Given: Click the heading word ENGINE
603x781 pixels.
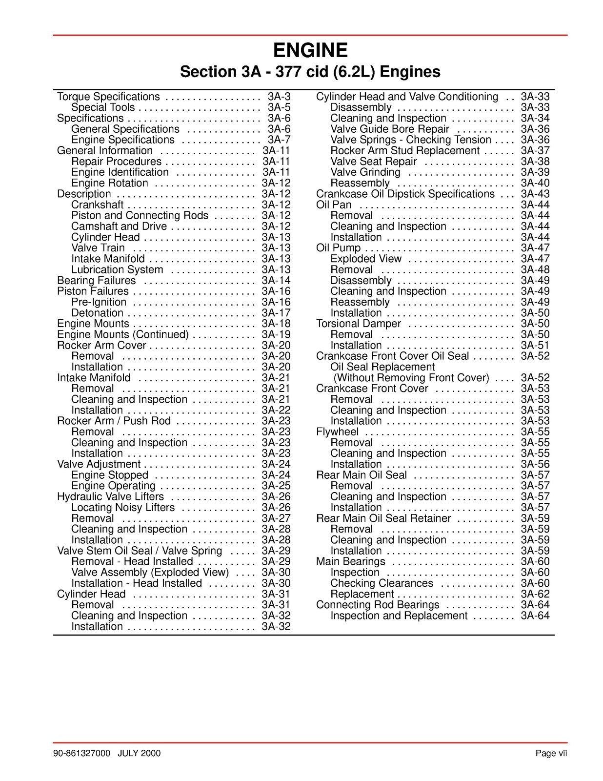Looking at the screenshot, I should click(310, 51).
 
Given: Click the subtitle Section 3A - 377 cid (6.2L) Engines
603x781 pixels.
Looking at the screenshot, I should click(310, 72).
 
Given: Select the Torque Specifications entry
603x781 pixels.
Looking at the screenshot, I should click(108, 97).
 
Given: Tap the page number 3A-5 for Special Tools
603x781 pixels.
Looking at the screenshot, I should click(279, 107).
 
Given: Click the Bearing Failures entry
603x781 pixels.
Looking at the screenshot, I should click(97, 281).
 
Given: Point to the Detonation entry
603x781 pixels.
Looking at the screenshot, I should click(97, 313).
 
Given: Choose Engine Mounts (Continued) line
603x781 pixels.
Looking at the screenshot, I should click(123, 334).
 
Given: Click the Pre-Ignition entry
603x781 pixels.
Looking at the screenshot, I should click(99, 302).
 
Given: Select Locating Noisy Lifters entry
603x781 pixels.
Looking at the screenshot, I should click(123, 508).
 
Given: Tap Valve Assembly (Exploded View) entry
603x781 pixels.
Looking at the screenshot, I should click(150, 573).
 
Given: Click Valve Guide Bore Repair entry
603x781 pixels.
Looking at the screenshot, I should click(389, 129).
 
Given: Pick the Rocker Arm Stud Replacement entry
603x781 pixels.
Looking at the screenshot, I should click(405, 151).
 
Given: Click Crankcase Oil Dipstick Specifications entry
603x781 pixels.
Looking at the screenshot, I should click(405, 194).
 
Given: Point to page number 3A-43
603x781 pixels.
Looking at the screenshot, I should click(535, 194).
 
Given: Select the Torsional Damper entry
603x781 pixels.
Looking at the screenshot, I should click(358, 324).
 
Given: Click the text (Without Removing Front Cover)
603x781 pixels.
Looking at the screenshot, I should click(411, 378).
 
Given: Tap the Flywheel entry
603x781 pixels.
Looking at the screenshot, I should click(337, 432).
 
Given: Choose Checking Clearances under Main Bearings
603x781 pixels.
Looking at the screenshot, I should click(382, 583).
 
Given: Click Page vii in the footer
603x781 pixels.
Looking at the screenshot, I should click(551, 754).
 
